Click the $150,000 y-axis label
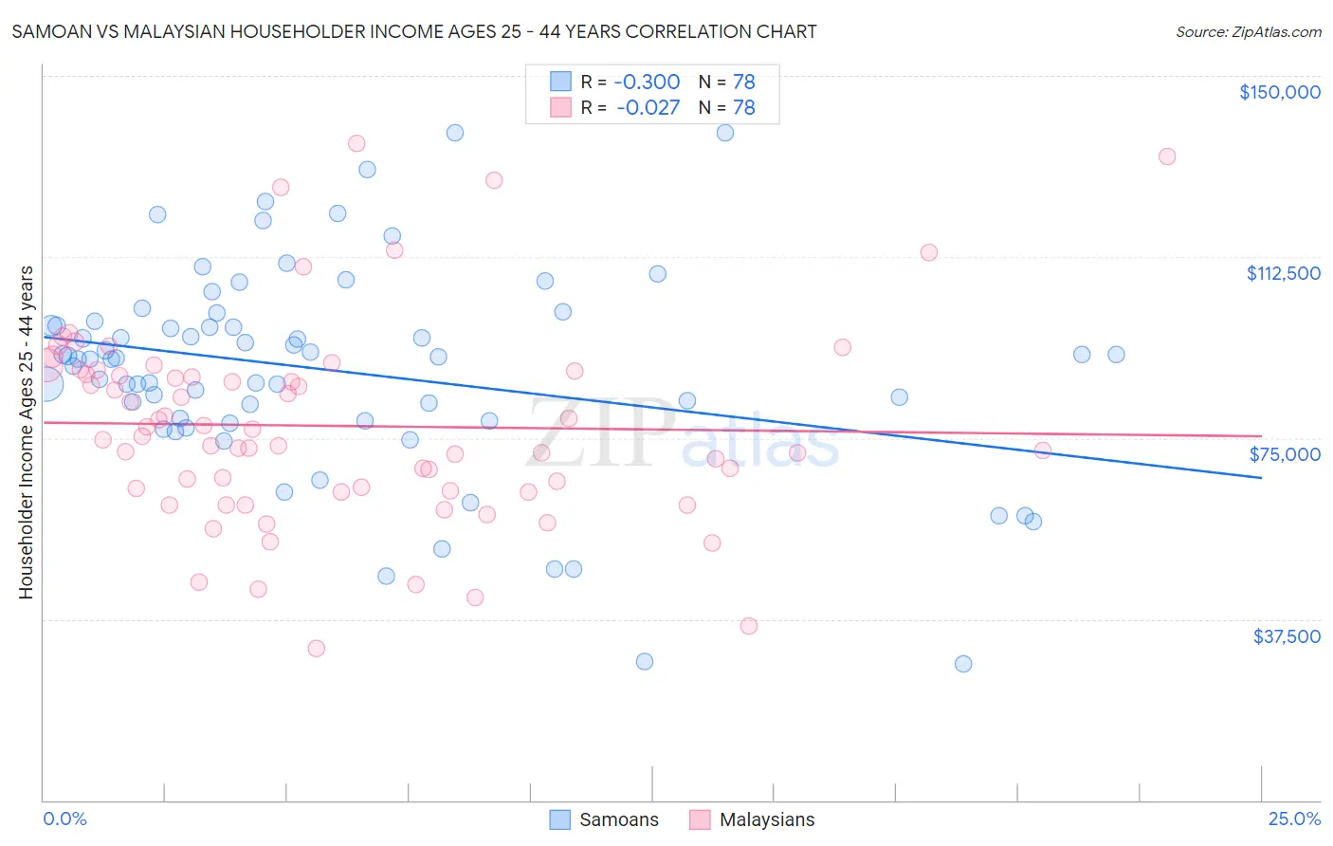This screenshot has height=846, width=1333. pyautogui.click(x=1279, y=92)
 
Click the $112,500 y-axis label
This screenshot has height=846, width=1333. pyautogui.click(x=1282, y=273)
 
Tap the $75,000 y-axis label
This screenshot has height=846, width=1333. pyautogui.click(x=1284, y=454)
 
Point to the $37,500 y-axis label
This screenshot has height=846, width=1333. pyautogui.click(x=1286, y=636)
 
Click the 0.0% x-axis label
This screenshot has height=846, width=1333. pyautogui.click(x=64, y=818)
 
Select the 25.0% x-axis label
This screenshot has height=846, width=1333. pyautogui.click(x=1293, y=818)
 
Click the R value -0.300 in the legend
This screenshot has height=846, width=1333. pyautogui.click(x=648, y=82)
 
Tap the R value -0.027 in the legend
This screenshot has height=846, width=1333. pyautogui.click(x=648, y=107)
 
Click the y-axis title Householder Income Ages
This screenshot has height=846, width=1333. pyautogui.click(x=27, y=432)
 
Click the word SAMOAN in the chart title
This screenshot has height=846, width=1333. pyautogui.click(x=47, y=31)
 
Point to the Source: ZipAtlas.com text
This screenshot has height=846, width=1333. pyautogui.click(x=1248, y=31)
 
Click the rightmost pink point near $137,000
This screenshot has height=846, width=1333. pyautogui.click(x=1167, y=156)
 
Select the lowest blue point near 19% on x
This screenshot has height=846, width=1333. pyautogui.click(x=963, y=664)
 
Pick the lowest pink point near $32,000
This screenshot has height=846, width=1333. pyautogui.click(x=317, y=649)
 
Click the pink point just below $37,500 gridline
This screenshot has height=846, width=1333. pyautogui.click(x=749, y=626)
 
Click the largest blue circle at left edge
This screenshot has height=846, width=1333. pyautogui.click(x=45, y=384)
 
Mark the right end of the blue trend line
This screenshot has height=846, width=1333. pyautogui.click(x=1261, y=478)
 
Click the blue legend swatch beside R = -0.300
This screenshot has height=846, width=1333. pyautogui.click(x=561, y=82)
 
